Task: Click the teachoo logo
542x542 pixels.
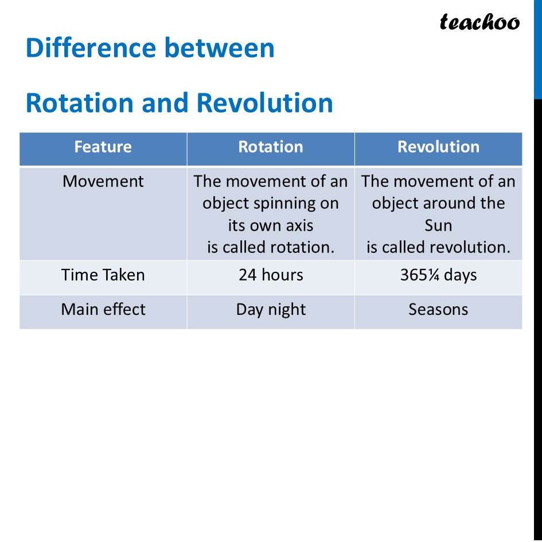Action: (479, 22)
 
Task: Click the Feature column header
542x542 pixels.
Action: (103, 147)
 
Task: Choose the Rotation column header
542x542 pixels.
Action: (270, 147)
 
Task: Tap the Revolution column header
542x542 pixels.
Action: (438, 147)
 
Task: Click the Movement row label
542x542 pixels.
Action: (103, 181)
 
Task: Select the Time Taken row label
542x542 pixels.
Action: (103, 275)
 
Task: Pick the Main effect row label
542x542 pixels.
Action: (103, 310)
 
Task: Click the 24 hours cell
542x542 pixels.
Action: (270, 275)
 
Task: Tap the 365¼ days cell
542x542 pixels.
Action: (438, 275)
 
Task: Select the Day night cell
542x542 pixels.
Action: (270, 310)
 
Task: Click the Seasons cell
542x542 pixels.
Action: (438, 310)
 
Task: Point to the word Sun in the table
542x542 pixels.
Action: (438, 225)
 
